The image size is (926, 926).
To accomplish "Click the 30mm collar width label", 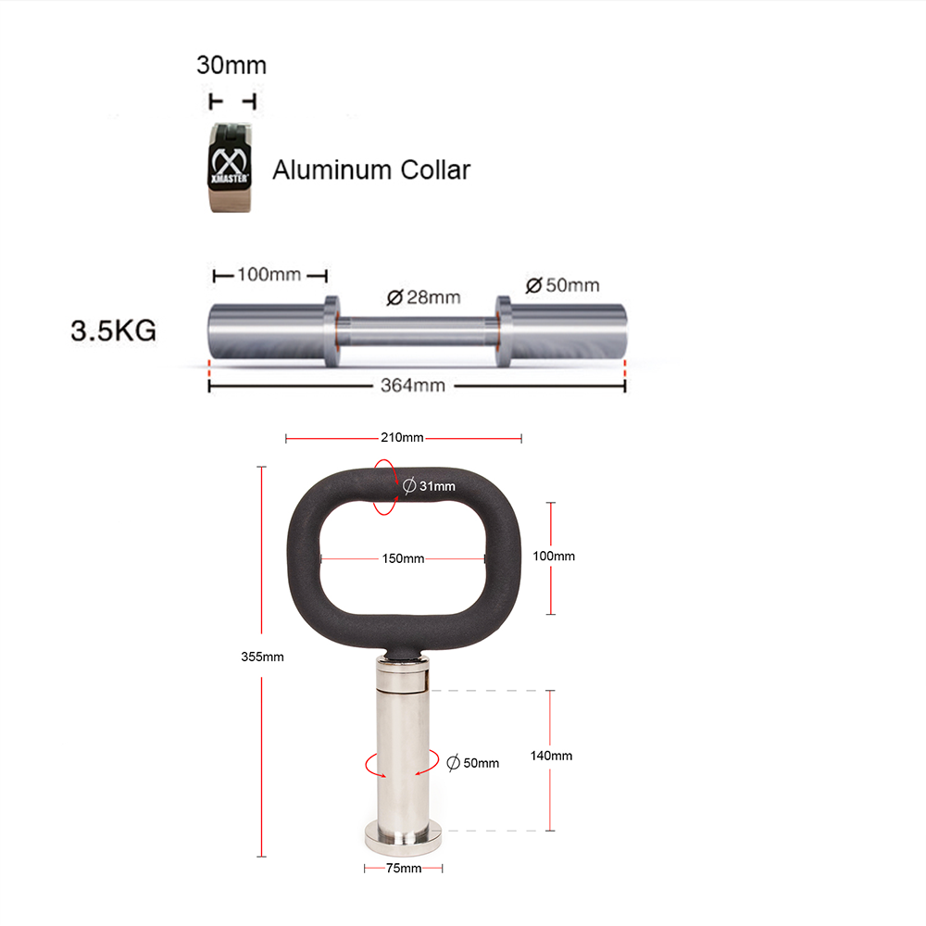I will tap(231, 66).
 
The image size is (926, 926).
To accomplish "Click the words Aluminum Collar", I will tap(370, 170).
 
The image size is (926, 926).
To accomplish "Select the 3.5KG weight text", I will tap(113, 332).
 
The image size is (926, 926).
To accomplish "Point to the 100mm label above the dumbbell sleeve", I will tap(269, 275).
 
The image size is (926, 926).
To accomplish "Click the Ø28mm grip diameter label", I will tap(423, 297).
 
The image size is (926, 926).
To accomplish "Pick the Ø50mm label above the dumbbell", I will tap(562, 284).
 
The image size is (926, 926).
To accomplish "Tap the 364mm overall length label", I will tap(413, 385).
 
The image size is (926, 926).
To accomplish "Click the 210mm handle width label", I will tap(402, 437).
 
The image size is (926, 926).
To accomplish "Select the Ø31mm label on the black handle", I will tap(430, 486).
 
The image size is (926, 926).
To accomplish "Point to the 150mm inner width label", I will tap(403, 558).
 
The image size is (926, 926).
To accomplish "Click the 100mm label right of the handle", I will tap(555, 557).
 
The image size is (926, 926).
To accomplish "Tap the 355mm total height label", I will tap(262, 657).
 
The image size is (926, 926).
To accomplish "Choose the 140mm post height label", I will tap(551, 756).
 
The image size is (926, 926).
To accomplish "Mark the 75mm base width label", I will tap(403, 869).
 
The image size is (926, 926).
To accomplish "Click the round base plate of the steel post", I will tap(403, 839).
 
